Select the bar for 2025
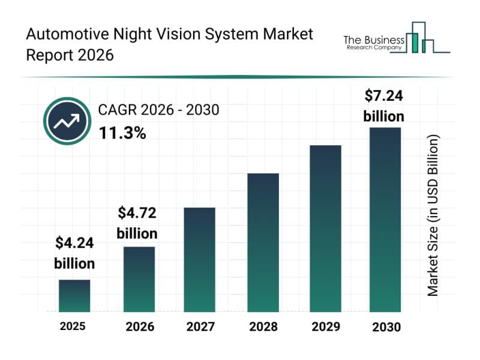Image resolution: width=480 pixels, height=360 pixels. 74,296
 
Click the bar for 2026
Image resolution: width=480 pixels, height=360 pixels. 139,279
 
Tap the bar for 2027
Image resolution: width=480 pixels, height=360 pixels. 200,260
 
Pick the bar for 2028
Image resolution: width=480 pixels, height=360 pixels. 263,242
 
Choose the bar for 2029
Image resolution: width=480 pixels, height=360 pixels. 325,229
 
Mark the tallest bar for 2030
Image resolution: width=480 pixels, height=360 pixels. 385,220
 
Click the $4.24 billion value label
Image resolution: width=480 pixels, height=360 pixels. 74,253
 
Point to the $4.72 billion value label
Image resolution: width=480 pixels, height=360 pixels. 137,222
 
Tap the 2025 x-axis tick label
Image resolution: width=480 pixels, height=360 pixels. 73,326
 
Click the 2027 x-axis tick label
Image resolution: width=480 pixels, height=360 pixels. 200,327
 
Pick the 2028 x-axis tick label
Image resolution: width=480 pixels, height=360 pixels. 263,327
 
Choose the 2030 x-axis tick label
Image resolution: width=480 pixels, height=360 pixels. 386,327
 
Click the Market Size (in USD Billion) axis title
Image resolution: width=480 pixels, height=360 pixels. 433,215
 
